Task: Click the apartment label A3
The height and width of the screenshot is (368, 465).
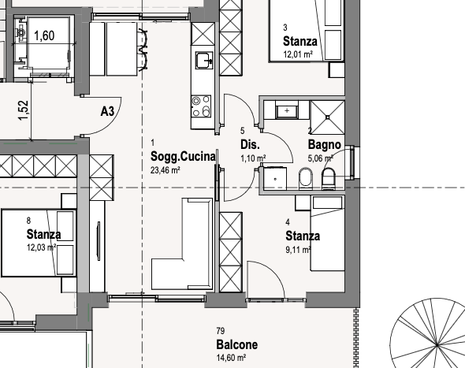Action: point(107,111)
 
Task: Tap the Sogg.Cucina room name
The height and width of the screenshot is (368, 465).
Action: point(183,156)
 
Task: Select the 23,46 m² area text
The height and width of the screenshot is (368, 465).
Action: point(166,170)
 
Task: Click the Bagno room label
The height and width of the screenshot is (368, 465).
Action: point(325,145)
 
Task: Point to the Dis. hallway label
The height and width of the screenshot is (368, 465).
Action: point(250,145)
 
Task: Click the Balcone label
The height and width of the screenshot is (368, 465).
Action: point(237,344)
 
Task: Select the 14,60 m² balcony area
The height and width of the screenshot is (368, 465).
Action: point(231,358)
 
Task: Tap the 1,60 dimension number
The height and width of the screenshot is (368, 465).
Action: point(44,35)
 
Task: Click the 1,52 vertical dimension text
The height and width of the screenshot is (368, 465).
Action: point(24,110)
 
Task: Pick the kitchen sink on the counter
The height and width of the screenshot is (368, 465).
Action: point(204,60)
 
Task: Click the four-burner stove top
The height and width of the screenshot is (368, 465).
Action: point(201,106)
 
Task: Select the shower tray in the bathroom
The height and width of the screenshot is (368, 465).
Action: point(327,117)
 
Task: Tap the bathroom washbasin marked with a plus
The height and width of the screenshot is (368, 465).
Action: point(287,111)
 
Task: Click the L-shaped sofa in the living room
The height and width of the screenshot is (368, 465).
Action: point(182,243)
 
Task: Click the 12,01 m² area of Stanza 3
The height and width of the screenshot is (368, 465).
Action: point(299,54)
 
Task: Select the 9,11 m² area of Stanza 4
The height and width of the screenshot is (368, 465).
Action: point(299,250)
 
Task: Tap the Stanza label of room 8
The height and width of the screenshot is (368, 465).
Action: point(44,234)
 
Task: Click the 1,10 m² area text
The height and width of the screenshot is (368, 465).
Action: point(253,158)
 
